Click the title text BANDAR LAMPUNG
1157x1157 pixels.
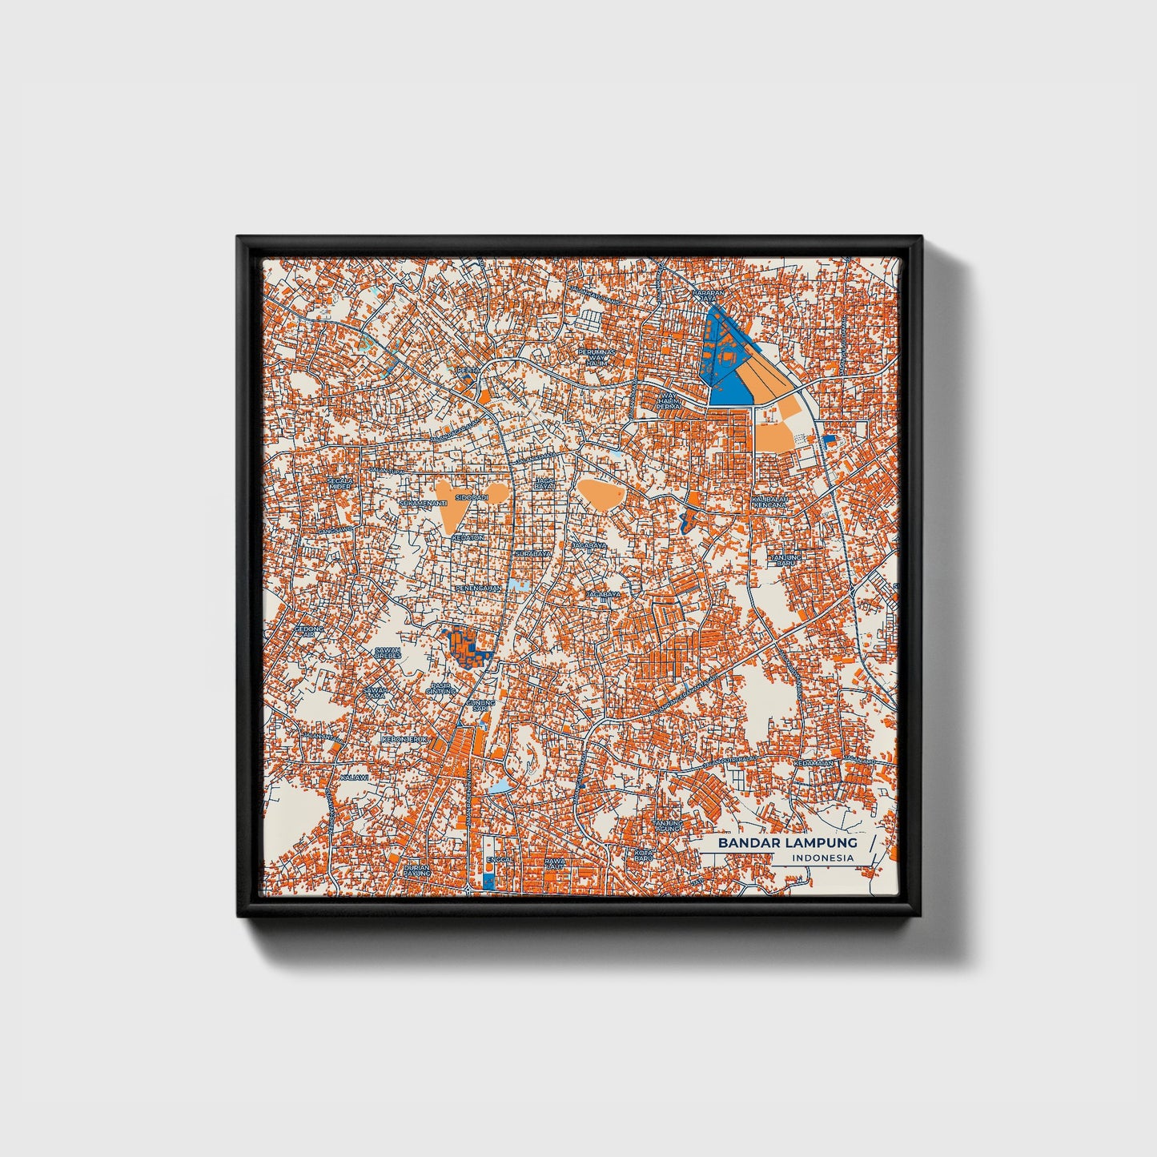coord(787,842)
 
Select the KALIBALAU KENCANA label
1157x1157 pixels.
coord(770,502)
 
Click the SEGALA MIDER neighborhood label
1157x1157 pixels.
coord(339,483)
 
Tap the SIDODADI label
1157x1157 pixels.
coord(472,497)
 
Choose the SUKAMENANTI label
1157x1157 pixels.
coord(424,503)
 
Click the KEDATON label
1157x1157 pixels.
coord(468,537)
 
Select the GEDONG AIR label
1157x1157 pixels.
coord(308,632)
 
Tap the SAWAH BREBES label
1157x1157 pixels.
coord(388,653)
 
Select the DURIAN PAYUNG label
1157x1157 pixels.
coord(417,870)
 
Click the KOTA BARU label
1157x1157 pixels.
coord(644,854)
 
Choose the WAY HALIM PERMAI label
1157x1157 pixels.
coord(667,400)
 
